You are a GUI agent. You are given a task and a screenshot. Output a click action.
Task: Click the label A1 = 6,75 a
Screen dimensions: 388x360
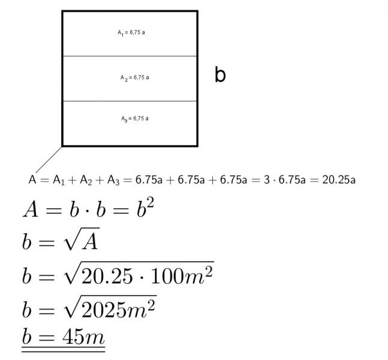131,32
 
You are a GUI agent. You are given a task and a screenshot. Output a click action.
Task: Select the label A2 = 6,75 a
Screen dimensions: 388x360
134,78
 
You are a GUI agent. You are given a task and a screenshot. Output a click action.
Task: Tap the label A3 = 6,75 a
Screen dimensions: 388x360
135,119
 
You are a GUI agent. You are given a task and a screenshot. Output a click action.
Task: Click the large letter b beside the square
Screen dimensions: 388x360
220,74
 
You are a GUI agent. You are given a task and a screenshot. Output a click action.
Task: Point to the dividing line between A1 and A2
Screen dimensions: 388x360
130,56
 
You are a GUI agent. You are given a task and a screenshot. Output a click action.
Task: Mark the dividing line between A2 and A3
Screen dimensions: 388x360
130,101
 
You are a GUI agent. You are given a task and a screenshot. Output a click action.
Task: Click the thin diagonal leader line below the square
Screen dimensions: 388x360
49,160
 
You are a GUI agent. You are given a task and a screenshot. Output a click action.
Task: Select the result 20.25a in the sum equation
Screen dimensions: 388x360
339,180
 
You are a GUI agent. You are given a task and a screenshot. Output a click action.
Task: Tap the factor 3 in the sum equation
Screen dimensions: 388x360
266,180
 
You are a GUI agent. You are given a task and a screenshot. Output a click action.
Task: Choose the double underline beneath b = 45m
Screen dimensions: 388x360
64,349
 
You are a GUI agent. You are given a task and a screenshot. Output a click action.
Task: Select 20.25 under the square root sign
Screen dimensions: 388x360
107,276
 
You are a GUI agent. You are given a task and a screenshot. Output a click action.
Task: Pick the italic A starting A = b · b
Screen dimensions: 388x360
31,209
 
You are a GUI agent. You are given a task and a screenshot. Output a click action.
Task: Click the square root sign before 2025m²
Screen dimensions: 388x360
72,307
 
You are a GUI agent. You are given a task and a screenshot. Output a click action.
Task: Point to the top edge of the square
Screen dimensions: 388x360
130,11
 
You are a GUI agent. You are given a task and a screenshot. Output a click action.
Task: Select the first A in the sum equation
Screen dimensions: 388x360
32,179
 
